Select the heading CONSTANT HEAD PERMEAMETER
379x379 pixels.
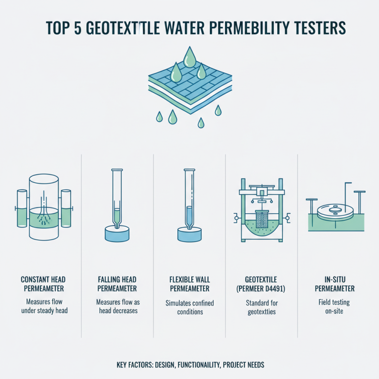[43, 283]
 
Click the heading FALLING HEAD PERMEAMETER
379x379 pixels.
[117, 283]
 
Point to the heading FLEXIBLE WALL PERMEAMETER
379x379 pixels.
[189, 283]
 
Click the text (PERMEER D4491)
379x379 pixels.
[262, 288]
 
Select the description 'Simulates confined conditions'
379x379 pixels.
[189, 307]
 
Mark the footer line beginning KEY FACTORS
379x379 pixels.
[189, 365]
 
